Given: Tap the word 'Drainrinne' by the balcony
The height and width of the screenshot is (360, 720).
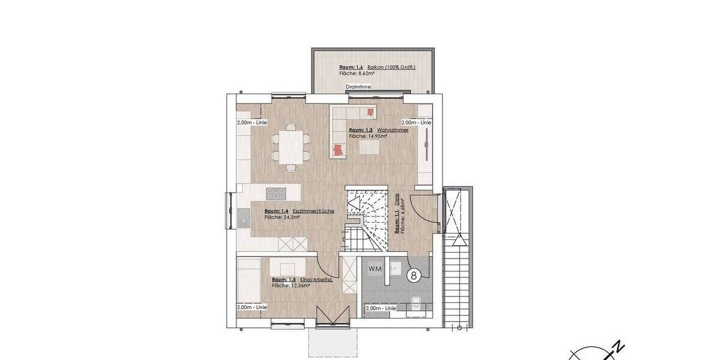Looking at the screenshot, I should [x=358, y=87].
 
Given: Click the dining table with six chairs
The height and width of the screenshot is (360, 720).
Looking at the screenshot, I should [x=290, y=146].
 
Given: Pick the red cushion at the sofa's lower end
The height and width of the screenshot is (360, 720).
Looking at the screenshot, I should [x=339, y=149].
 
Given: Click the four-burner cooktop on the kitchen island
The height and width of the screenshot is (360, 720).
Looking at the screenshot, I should [x=276, y=194].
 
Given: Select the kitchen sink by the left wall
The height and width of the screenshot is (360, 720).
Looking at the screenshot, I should [x=244, y=218].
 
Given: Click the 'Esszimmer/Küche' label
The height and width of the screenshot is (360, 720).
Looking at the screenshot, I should [x=313, y=211].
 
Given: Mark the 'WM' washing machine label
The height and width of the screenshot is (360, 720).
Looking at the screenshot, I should [x=375, y=268].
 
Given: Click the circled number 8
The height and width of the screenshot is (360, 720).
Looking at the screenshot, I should [x=413, y=275].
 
